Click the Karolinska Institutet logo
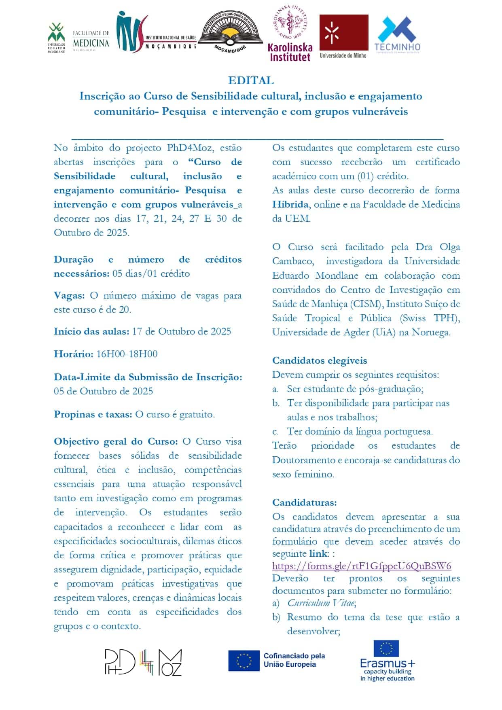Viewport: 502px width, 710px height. click(x=290, y=36)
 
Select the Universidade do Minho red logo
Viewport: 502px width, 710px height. click(x=343, y=36)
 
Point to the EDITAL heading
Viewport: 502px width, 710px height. click(x=251, y=81)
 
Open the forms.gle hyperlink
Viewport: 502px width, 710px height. click(x=361, y=566)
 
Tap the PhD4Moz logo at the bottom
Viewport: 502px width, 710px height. click(x=143, y=662)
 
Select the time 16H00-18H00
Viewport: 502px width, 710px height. click(x=127, y=354)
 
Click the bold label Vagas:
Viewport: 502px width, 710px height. click(x=69, y=295)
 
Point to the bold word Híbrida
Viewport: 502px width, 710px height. click(x=290, y=204)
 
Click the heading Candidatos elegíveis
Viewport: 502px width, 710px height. click(x=320, y=360)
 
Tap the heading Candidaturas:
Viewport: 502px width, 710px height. click(x=304, y=502)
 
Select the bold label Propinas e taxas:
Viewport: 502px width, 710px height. click(x=93, y=414)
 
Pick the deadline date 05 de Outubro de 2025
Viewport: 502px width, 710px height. click(x=103, y=391)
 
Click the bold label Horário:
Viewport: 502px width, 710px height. click(x=74, y=354)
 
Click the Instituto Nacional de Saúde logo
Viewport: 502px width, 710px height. click(x=156, y=32)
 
